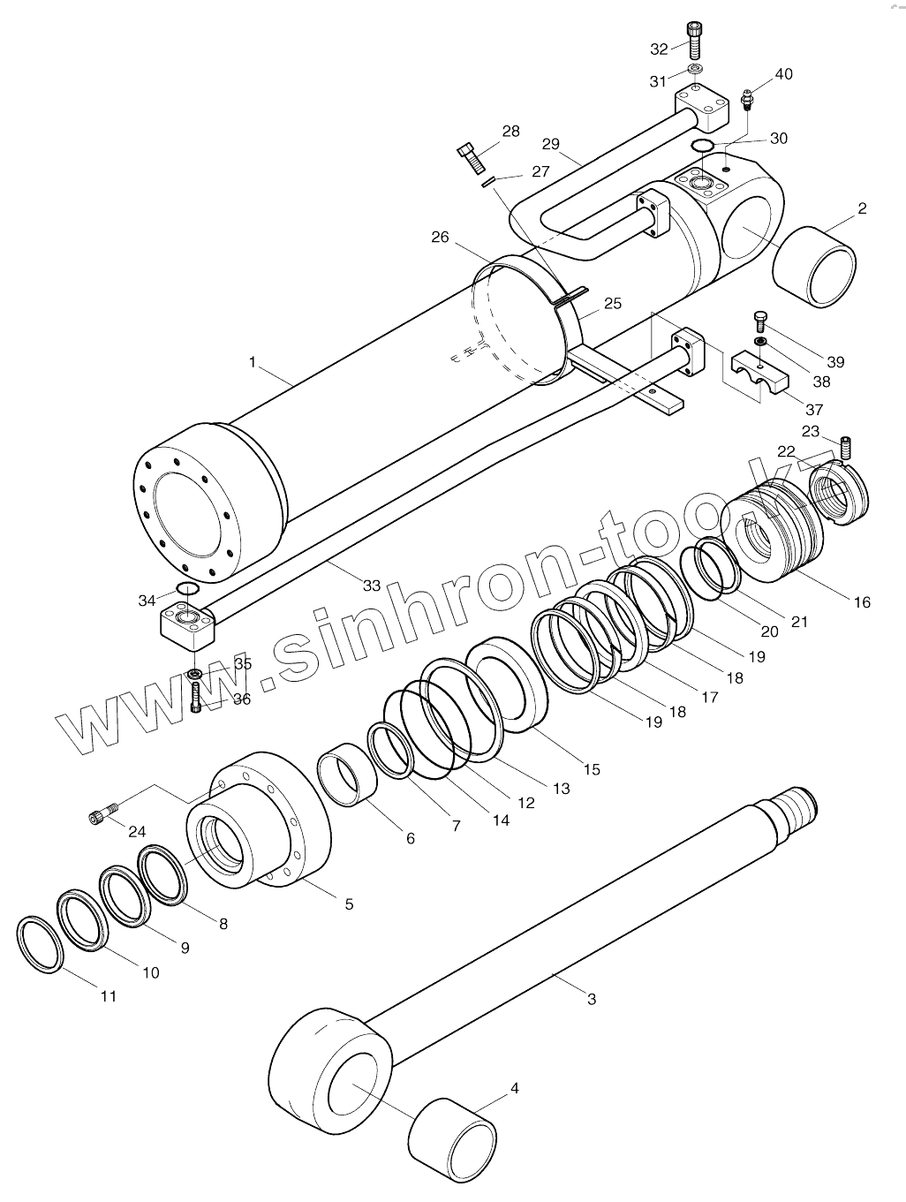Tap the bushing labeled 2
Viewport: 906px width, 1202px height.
coord(813,266)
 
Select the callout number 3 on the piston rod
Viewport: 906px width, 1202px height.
coord(592,999)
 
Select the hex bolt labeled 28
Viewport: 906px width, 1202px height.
coord(471,159)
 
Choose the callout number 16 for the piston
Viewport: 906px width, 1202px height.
coord(862,602)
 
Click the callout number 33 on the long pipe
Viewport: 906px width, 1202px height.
coord(371,585)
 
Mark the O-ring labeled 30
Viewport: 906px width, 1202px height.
coord(703,145)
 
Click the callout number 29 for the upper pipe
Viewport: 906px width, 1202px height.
coord(551,143)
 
